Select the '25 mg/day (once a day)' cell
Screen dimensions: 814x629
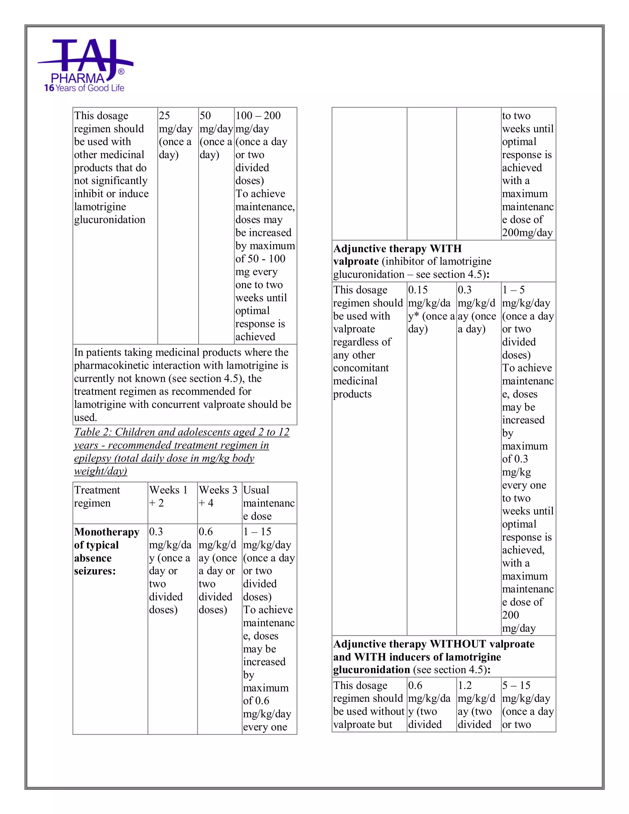point(175,135)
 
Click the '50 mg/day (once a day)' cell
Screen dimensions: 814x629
point(215,135)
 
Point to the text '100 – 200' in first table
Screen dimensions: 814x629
point(258,115)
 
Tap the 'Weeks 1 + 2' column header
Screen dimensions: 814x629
point(168,496)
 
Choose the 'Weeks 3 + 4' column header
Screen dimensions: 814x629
point(218,496)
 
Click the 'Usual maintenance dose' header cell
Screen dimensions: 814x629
point(268,503)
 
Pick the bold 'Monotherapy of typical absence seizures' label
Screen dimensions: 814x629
point(106,551)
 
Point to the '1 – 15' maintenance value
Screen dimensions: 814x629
point(257,531)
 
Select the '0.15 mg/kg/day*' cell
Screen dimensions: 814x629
point(431,309)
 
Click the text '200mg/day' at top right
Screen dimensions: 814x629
point(527,233)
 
